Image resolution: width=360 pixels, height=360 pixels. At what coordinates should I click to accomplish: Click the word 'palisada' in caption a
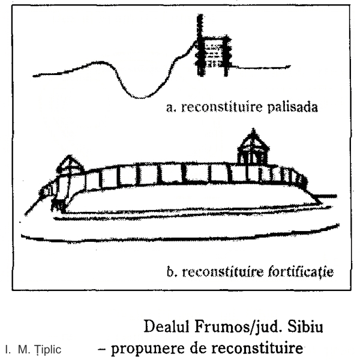point(293,107)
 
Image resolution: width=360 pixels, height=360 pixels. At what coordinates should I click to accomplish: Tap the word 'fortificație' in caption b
point(301,272)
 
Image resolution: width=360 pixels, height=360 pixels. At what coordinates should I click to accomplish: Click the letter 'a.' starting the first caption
point(171,107)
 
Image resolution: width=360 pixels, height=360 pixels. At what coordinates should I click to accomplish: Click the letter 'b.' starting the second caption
point(172,272)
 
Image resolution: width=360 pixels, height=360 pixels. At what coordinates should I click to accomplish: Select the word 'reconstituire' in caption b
point(222,272)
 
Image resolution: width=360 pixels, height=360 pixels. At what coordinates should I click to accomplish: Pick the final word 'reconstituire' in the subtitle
point(257,349)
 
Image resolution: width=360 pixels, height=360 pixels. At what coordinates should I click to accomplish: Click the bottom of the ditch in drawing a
point(140,97)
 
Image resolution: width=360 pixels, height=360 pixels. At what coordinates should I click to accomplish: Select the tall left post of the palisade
point(200,45)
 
